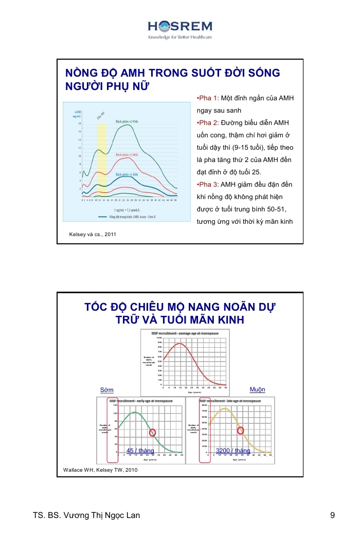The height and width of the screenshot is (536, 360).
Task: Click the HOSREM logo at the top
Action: coord(179,28)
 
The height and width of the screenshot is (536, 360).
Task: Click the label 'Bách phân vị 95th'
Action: coord(127,121)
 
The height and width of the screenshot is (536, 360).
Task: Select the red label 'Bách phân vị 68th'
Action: coord(127,154)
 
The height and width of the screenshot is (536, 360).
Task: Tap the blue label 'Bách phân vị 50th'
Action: coord(127,175)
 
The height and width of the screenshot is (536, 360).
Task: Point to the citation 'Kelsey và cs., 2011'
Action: coord(93,234)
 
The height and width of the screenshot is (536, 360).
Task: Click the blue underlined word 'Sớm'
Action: coord(107,390)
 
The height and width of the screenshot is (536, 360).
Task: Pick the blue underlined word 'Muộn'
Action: coord(257,389)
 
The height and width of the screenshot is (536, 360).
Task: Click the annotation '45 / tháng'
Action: coord(140,451)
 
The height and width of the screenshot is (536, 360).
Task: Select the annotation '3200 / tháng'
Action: coord(232,451)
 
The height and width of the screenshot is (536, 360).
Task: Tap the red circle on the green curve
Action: coord(152,433)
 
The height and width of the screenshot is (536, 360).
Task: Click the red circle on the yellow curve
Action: coord(240,430)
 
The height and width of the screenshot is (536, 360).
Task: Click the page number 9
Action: coord(333,515)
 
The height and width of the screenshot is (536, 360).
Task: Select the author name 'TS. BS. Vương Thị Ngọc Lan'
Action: coord(86,515)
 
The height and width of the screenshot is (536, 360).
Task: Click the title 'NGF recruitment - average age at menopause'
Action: coord(185,333)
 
